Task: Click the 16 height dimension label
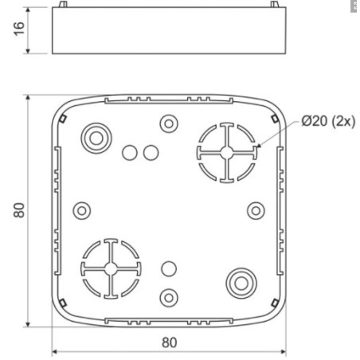[19, 29]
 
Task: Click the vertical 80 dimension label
[19, 210]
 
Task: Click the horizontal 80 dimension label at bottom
[169, 342]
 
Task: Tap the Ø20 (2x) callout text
[328, 121]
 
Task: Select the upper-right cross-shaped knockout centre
[227, 153]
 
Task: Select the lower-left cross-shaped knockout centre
[111, 268]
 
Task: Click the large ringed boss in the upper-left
[96, 138]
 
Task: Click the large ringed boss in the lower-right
[241, 284]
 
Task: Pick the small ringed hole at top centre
[169, 123]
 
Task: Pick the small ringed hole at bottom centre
[169, 298]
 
